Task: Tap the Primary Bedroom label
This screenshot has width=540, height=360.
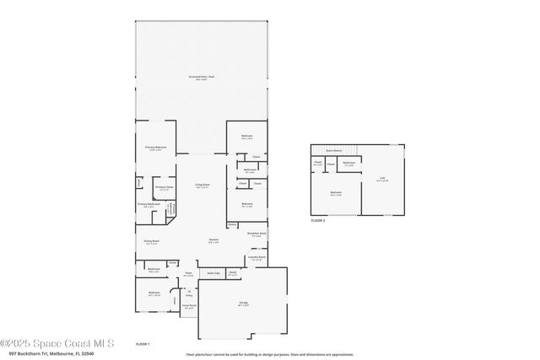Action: [155, 148]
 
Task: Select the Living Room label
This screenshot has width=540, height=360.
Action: [202, 185]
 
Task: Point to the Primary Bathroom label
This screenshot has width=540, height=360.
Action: [148, 205]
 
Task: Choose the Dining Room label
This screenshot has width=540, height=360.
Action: [152, 242]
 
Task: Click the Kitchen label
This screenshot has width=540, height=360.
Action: [214, 241]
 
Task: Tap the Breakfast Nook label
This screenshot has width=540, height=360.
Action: [258, 235]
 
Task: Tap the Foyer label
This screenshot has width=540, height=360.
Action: [189, 274]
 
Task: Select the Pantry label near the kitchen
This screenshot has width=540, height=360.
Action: [232, 225]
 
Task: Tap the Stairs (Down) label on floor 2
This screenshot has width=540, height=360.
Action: [332, 151]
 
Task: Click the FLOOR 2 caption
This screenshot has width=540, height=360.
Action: [317, 220]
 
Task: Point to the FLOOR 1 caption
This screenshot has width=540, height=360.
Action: [143, 344]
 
